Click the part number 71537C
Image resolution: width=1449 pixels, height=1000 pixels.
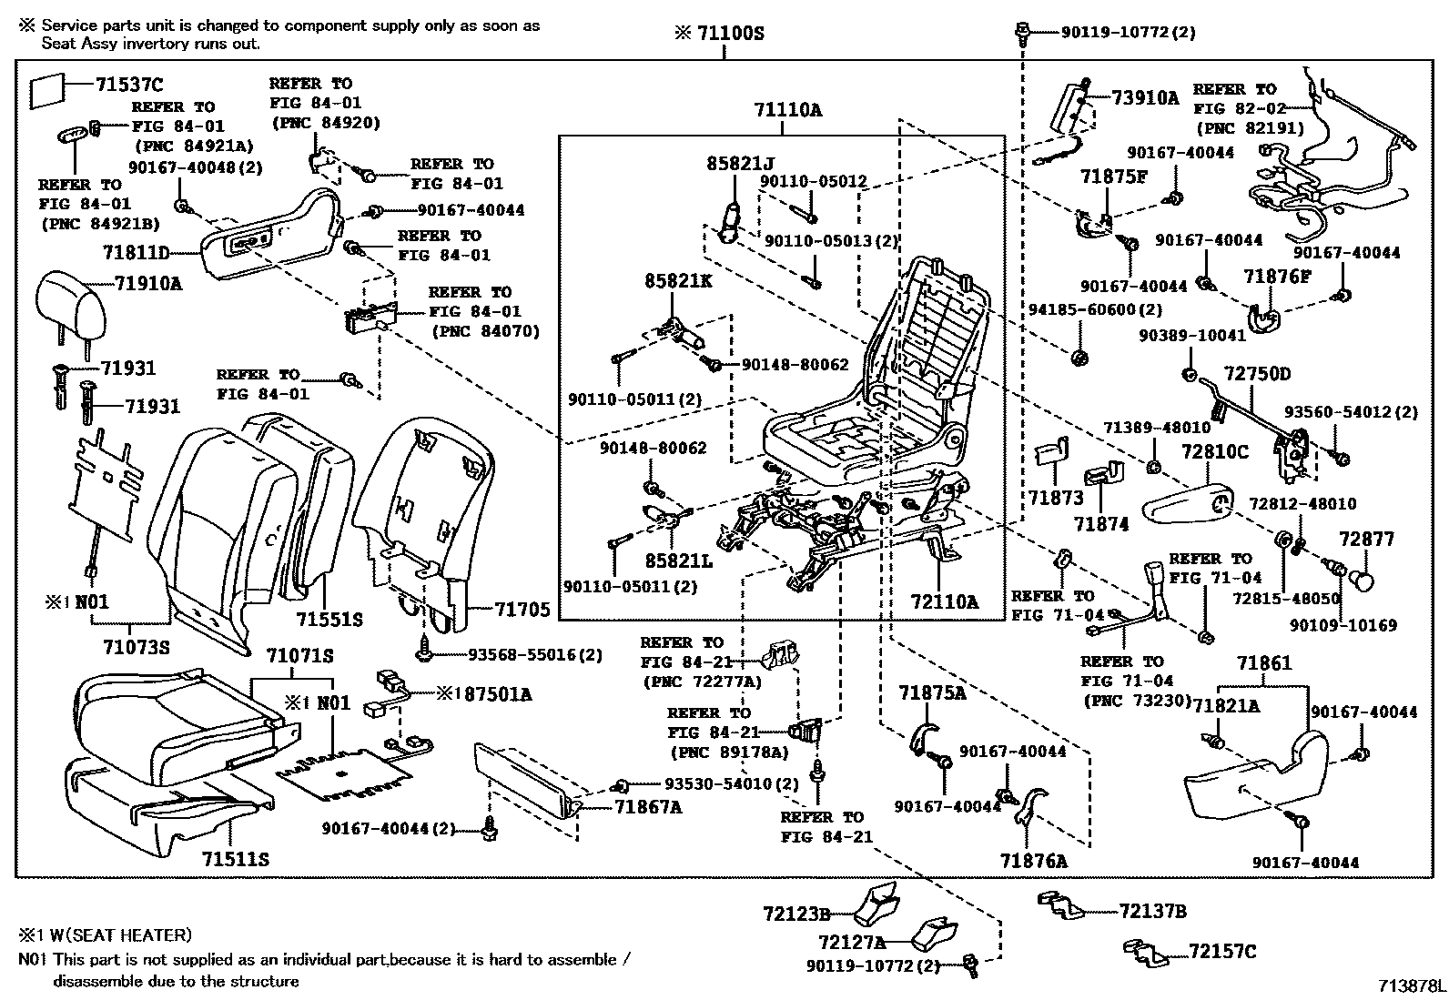tap(128, 85)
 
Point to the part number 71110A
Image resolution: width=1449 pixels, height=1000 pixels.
tap(787, 110)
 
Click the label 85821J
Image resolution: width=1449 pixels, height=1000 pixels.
tap(740, 164)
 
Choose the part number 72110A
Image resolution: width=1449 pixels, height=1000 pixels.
tap(944, 601)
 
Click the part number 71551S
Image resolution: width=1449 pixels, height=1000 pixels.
tap(329, 620)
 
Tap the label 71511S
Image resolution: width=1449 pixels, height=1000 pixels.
tap(235, 859)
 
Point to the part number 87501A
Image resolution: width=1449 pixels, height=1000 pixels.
tap(491, 695)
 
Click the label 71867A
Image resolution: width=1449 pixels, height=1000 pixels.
tap(647, 806)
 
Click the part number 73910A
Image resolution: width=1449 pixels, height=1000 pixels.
tap(1145, 98)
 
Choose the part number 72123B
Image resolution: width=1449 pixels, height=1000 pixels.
tap(796, 913)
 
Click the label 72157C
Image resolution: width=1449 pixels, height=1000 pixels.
tap(1221, 952)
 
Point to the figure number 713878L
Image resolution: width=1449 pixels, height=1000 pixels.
tap(1410, 985)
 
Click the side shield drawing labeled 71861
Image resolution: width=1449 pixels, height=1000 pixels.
tap(1256, 783)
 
